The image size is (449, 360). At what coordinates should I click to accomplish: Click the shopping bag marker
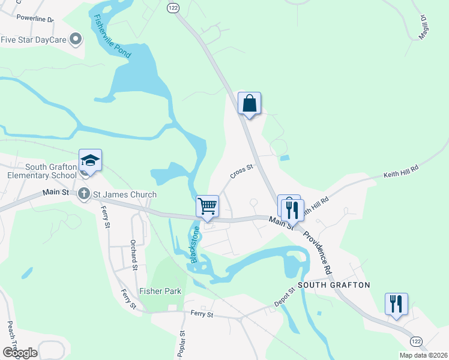[249, 104]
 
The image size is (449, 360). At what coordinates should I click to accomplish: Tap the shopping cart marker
[208, 207]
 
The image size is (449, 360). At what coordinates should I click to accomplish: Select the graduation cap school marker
[90, 161]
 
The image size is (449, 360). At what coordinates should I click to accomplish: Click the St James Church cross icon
[85, 194]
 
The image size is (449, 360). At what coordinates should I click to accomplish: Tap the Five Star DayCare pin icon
[76, 40]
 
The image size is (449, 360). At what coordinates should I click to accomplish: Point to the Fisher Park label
[160, 291]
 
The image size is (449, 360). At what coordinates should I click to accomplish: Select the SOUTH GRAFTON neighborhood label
[334, 284]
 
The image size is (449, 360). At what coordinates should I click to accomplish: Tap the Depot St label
[283, 299]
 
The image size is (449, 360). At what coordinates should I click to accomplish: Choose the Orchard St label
[134, 254]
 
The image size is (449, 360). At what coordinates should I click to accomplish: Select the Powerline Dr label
[35, 18]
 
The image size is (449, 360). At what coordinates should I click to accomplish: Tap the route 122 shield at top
[173, 7]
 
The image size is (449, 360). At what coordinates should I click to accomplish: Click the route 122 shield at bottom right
[416, 340]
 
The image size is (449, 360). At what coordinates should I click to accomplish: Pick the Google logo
[20, 352]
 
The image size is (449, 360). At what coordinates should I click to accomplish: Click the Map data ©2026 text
[423, 355]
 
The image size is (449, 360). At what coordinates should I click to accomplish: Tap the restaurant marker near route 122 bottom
[396, 304]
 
